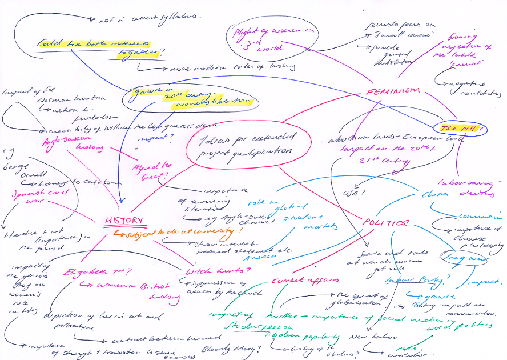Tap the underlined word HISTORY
click(123, 221)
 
